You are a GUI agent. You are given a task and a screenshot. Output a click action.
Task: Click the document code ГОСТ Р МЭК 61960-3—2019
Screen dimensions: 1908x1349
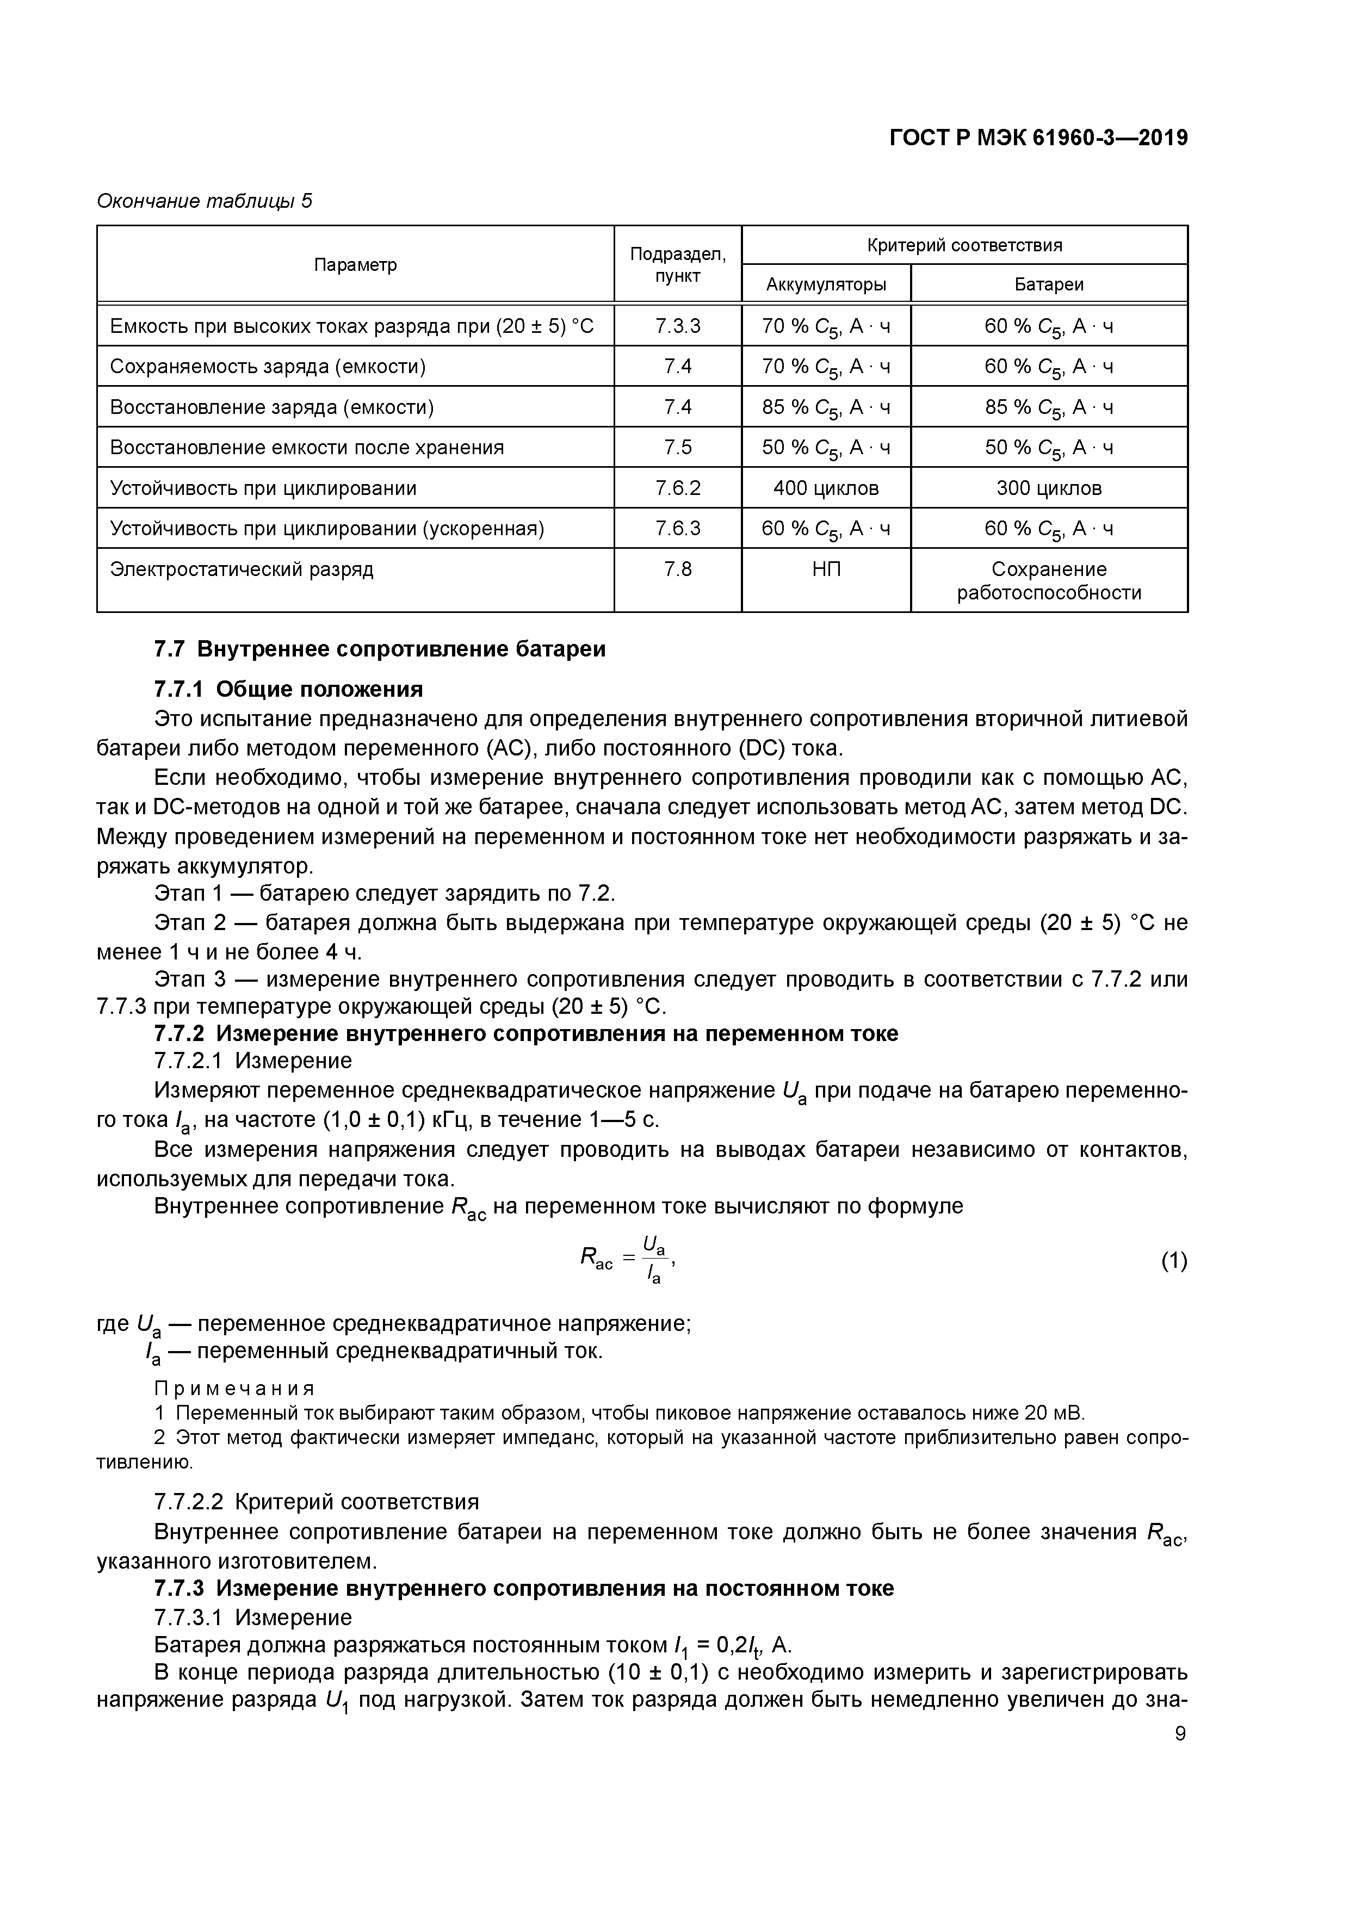[1038, 138]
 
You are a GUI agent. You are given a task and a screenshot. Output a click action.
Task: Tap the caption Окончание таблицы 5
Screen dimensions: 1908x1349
[205, 201]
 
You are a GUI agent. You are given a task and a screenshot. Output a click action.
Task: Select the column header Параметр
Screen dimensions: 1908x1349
[355, 264]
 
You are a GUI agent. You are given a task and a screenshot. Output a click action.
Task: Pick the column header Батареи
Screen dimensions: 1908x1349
[1048, 284]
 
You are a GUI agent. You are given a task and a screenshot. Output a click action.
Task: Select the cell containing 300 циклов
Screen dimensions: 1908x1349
[1048, 488]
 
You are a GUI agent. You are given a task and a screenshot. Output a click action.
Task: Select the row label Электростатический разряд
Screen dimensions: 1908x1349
[242, 569]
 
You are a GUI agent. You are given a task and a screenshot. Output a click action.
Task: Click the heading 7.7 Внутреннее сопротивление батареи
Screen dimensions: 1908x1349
[380, 649]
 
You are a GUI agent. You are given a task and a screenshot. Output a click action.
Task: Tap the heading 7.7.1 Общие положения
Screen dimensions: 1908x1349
[288, 689]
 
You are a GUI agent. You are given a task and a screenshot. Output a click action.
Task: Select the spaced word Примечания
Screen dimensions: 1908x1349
[235, 1389]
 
